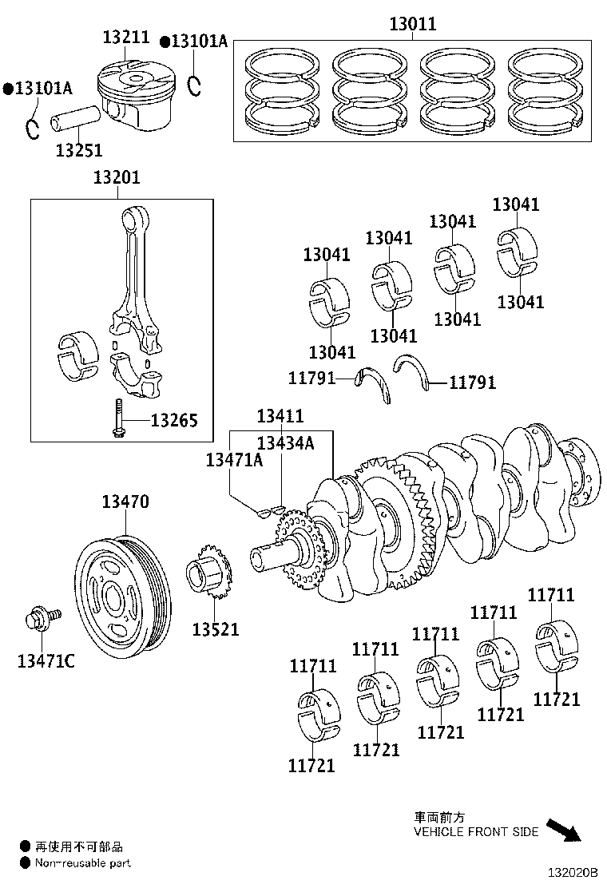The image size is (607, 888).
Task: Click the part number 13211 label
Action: point(126,37)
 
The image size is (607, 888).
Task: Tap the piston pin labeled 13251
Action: point(77,119)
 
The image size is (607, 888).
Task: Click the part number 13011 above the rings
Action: point(413,25)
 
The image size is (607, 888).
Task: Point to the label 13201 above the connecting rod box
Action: point(116,177)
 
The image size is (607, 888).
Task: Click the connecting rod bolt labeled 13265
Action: point(117,419)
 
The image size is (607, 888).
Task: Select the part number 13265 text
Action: point(174,421)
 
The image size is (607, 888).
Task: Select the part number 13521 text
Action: point(215,629)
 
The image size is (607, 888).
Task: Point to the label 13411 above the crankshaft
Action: point(280,416)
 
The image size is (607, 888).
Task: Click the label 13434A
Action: point(285,443)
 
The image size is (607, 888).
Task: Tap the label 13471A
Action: point(234,459)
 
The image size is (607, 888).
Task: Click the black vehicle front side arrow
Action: point(564,830)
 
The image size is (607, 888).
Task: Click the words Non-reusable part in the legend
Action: point(82,863)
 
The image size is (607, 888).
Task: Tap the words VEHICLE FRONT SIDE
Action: point(475,831)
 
